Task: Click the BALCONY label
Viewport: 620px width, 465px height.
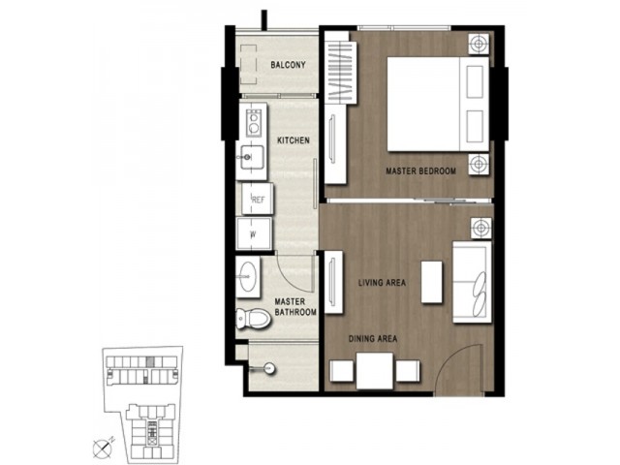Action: [x=288, y=65]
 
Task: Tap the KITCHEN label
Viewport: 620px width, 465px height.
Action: [x=293, y=140]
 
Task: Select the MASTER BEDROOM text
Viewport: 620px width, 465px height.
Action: [x=420, y=171]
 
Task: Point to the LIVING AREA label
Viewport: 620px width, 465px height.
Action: [x=382, y=283]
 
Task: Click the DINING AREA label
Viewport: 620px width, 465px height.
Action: [x=372, y=339]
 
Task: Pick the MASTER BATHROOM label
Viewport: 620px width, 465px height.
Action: [x=295, y=307]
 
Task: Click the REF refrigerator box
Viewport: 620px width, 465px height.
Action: [x=258, y=199]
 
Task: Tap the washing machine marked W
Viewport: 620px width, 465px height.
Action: [x=254, y=233]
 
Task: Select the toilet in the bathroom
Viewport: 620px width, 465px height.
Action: [x=253, y=319]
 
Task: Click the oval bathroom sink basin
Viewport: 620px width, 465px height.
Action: [x=248, y=276]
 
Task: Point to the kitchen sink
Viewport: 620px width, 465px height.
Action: [x=252, y=157]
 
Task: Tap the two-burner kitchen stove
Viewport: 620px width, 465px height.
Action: [x=253, y=122]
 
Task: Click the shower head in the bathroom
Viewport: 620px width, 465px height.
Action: [x=269, y=369]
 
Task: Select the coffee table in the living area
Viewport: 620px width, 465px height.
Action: [x=431, y=282]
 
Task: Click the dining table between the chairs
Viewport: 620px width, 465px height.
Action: [x=375, y=371]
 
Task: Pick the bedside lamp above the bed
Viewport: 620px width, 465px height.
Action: [x=479, y=44]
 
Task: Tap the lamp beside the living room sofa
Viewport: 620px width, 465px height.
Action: [x=480, y=229]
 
